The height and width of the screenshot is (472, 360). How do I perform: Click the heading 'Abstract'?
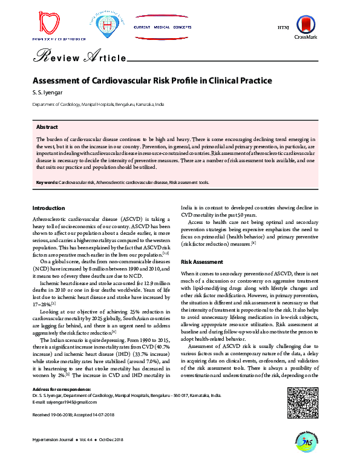[x=47, y=128]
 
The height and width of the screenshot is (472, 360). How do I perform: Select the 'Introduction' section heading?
[x=48, y=208]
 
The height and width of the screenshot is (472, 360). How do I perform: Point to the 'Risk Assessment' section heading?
[x=202, y=261]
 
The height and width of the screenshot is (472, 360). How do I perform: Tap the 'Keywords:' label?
[x=47, y=182]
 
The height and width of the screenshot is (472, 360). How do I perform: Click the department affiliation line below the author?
[x=97, y=105]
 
